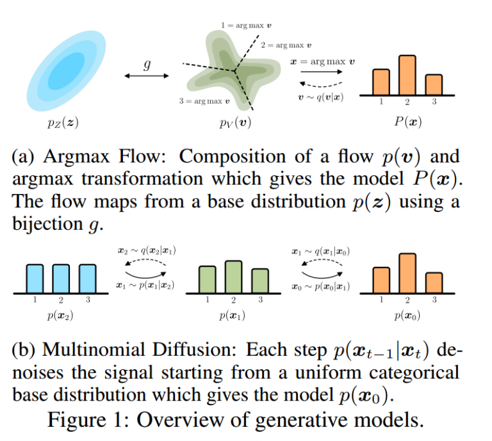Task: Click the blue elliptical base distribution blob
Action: coord(66,71)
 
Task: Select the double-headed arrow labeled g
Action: coord(147,76)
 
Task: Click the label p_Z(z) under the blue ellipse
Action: coord(63,122)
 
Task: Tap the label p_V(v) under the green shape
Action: coord(235,122)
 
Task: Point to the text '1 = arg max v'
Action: coord(246,26)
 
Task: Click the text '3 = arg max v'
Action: coord(204,101)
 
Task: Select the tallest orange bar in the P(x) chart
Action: coord(407,75)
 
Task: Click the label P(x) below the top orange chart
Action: coord(408,122)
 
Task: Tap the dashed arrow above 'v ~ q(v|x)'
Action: coord(321,84)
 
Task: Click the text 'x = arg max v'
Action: coord(323,61)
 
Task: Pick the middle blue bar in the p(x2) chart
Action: coord(61,279)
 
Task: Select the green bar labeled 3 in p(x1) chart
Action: coord(260,281)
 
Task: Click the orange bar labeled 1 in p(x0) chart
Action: coord(381,280)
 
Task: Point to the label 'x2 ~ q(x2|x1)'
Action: coord(147,250)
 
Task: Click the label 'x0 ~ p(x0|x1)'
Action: coord(321,287)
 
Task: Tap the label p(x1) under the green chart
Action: coord(232,316)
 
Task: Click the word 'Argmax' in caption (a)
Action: coord(77,156)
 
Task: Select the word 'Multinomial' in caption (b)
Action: coord(94,349)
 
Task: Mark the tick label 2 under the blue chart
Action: coord(61,300)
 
